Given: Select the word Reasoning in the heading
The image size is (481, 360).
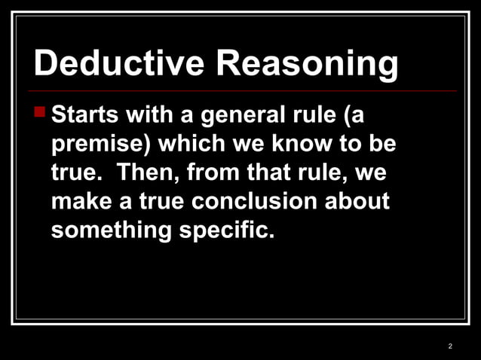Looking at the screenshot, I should tap(308, 65).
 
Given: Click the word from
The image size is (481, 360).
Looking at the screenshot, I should tap(213, 172).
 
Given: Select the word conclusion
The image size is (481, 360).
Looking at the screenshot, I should tap(257, 201).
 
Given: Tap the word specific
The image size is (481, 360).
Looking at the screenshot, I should tap(226, 230).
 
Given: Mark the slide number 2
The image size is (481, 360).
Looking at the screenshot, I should tap(450, 346).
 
